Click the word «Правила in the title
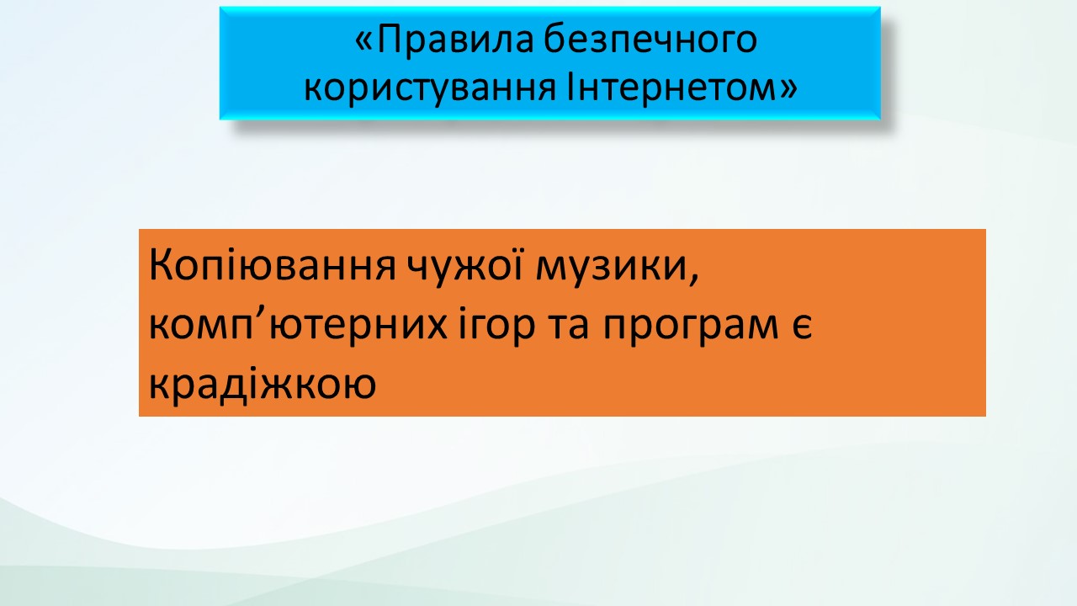[x=444, y=40]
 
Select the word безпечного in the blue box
[x=651, y=40]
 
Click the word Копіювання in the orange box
[x=273, y=265]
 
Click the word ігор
[x=496, y=325]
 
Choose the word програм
[x=691, y=329]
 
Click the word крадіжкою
[x=263, y=384]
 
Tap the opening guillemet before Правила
[x=363, y=42]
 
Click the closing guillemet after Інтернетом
[x=788, y=89]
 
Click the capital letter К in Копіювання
[x=160, y=265]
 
